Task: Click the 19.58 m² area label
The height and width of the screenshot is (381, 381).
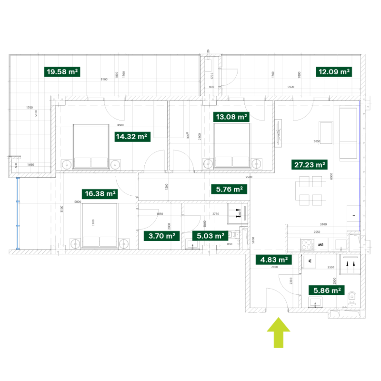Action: coord(62,72)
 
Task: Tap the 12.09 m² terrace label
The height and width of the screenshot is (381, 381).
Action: coord(334,72)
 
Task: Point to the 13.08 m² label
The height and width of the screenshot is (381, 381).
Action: coord(231,117)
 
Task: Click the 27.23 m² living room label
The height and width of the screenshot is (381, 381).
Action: coord(310,165)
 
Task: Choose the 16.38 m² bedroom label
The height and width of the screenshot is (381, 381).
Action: coord(100,193)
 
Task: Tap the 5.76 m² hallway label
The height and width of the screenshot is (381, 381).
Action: coord(229,189)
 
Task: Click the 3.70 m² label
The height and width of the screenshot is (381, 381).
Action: coord(161,235)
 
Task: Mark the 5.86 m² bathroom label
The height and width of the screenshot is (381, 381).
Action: coord(326,290)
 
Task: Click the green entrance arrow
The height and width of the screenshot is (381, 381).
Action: coord(278,333)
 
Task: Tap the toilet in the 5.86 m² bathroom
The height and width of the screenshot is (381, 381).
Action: coord(351,300)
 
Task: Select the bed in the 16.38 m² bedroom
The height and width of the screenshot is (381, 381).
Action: coord(100,226)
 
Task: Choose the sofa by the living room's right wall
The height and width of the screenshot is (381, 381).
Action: coord(348,133)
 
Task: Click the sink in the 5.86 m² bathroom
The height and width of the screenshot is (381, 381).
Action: coord(315,302)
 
